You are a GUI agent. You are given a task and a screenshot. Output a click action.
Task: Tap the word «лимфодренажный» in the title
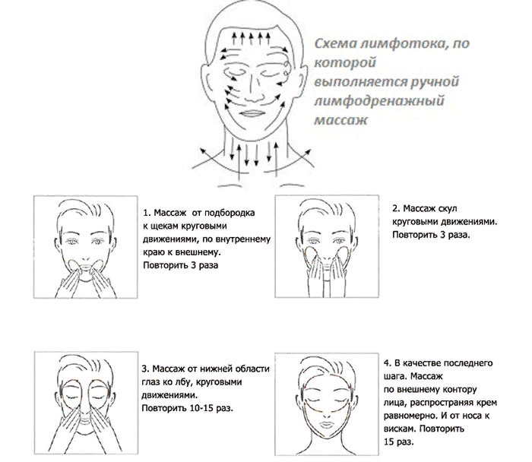379,101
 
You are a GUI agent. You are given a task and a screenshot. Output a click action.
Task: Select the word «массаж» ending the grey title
341,120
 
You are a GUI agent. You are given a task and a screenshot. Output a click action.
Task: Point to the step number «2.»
396,209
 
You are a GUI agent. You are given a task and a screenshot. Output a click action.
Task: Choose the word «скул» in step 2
447,209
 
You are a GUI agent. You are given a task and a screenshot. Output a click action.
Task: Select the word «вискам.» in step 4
400,429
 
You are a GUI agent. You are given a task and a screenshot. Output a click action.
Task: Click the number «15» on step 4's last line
389,441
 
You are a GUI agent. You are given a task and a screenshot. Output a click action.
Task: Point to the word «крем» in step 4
486,403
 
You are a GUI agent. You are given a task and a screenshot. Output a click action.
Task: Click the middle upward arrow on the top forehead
252,38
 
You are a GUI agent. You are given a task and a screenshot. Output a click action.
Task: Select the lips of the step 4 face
326,424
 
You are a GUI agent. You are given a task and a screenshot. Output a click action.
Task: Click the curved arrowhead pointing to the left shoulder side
203,151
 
